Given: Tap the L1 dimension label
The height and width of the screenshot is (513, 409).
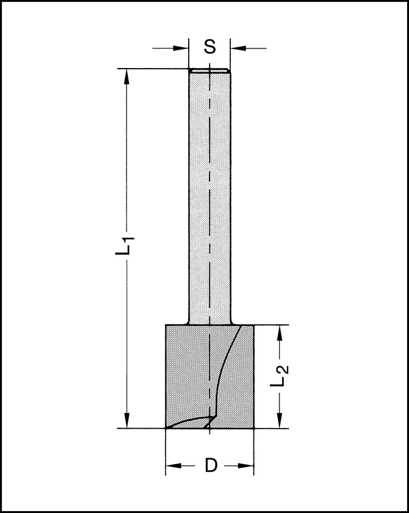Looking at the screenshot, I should [128, 245].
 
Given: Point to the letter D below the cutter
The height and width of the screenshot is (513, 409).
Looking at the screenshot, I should [211, 466].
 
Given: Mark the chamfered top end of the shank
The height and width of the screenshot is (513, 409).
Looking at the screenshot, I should [210, 70].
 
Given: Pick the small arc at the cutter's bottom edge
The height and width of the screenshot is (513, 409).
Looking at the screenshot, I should [189, 421].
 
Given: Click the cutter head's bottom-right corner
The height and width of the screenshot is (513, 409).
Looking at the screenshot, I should [254, 428].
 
